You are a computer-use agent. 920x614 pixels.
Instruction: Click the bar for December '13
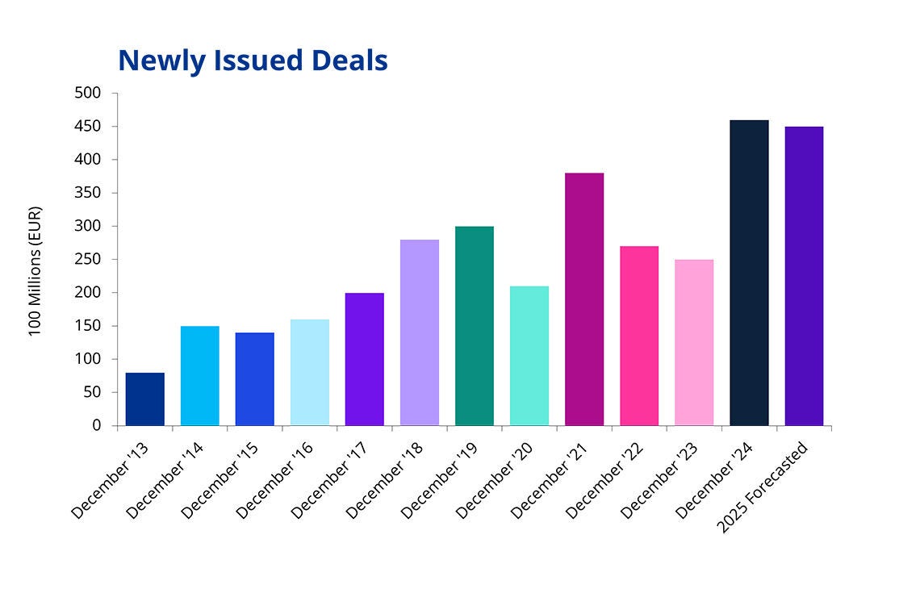pos(145,399)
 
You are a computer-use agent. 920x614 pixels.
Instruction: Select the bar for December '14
pos(200,375)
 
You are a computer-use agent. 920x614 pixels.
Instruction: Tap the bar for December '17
pos(365,359)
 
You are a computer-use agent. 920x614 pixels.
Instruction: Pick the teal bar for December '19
pos(475,326)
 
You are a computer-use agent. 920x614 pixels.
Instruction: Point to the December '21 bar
pos(584,299)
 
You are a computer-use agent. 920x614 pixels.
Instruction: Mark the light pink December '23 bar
pos(694,342)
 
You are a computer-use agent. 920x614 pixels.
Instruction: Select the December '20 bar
pos(529,356)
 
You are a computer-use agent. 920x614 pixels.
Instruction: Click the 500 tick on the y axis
pos(90,94)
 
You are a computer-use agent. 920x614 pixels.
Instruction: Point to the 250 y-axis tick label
pos(90,260)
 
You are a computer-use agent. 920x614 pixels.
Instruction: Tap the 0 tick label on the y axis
pos(97,425)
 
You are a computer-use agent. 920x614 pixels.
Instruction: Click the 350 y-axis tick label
pos(90,193)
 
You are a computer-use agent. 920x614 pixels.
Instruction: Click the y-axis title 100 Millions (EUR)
pos(36,272)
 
